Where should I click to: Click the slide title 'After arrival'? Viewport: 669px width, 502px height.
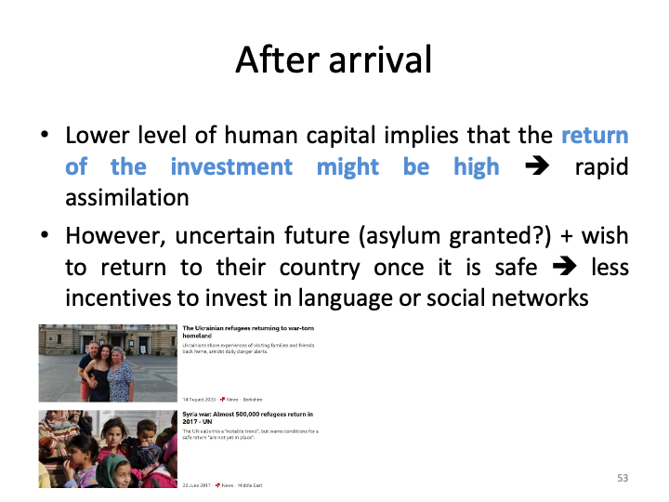[334, 59]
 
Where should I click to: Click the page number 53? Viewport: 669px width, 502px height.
[623, 478]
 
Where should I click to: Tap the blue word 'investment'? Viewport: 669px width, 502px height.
[231, 167]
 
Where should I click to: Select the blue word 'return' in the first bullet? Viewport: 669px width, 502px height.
[595, 136]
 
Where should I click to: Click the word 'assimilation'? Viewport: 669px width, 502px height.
[127, 198]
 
